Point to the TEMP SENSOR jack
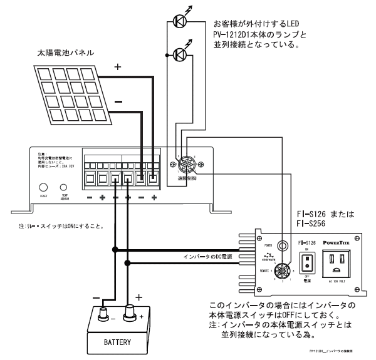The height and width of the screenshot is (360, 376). coord(63,187)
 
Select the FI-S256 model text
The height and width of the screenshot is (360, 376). coord(311,223)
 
